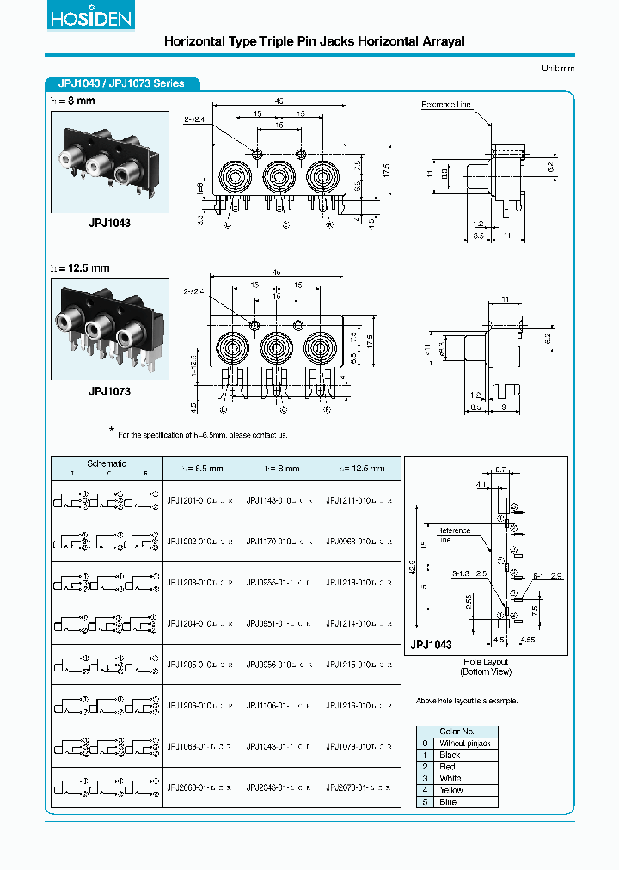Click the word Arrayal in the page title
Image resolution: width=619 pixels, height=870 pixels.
[436, 40]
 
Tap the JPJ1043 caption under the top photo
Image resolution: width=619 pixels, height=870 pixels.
[109, 222]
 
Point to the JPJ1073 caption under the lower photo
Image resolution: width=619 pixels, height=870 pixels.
[109, 391]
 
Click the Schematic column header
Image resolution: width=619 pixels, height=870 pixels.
[107, 464]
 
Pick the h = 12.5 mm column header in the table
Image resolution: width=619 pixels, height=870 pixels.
[360, 469]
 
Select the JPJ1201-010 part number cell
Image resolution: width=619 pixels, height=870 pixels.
[201, 499]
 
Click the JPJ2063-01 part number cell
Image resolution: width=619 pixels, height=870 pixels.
[201, 787]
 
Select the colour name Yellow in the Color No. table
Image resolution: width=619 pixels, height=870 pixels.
[450, 790]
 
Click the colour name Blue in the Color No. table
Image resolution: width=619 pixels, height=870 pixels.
[448, 802]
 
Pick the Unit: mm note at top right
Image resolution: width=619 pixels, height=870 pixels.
[558, 68]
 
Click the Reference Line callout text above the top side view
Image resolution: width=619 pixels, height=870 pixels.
[445, 105]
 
